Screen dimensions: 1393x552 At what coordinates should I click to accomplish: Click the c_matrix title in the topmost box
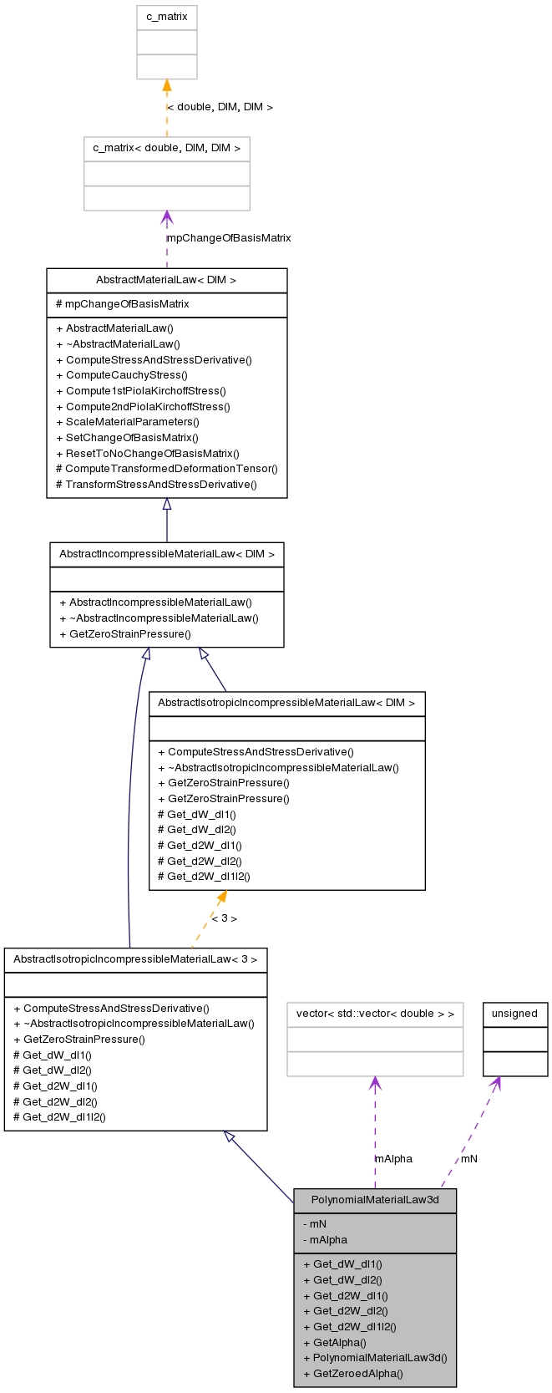167,17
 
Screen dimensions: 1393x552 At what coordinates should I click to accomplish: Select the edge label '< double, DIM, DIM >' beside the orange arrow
220,107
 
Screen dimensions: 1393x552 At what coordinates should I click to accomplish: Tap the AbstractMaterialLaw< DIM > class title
166,280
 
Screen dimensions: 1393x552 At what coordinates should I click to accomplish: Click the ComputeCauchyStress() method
121,375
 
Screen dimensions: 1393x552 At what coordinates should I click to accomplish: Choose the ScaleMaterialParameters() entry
127,421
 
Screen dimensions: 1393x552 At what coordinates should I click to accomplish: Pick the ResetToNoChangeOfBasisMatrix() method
147,453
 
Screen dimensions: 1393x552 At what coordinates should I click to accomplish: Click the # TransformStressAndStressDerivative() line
156,484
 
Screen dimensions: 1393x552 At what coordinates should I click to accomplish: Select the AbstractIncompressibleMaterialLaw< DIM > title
166,554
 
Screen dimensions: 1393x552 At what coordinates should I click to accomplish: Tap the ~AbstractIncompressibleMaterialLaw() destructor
159,618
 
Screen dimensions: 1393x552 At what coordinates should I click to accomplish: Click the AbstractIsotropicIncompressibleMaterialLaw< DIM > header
286,703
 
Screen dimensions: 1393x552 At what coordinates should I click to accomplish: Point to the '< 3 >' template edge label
224,918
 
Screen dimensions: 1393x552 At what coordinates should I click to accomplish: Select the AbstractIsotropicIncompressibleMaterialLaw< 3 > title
135,959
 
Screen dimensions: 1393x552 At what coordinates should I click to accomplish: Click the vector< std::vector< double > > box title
375,1014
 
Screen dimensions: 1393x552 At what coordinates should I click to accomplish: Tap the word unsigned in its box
514,1014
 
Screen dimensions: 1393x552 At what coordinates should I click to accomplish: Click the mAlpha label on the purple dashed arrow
393,1159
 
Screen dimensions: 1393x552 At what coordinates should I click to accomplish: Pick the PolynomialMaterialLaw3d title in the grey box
375,1200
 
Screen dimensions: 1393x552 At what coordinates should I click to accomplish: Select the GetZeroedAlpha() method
352,1373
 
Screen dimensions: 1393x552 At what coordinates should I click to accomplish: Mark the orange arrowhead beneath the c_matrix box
167,85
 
